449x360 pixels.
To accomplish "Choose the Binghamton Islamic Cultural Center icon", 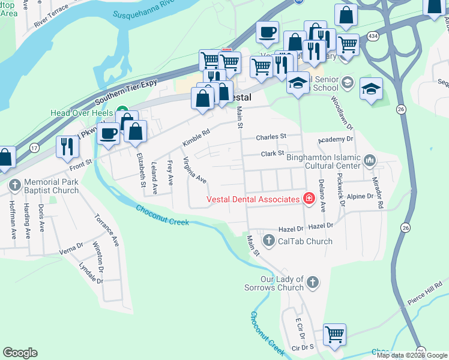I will tap(370, 160).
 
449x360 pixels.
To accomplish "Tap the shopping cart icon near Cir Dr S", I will tap(334, 334).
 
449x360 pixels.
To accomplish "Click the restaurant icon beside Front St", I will tap(67, 146).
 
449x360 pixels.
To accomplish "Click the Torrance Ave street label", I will tap(106, 230).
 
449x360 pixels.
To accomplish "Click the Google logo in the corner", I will tap(20, 353).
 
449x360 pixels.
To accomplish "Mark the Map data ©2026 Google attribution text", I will tap(412, 355).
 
